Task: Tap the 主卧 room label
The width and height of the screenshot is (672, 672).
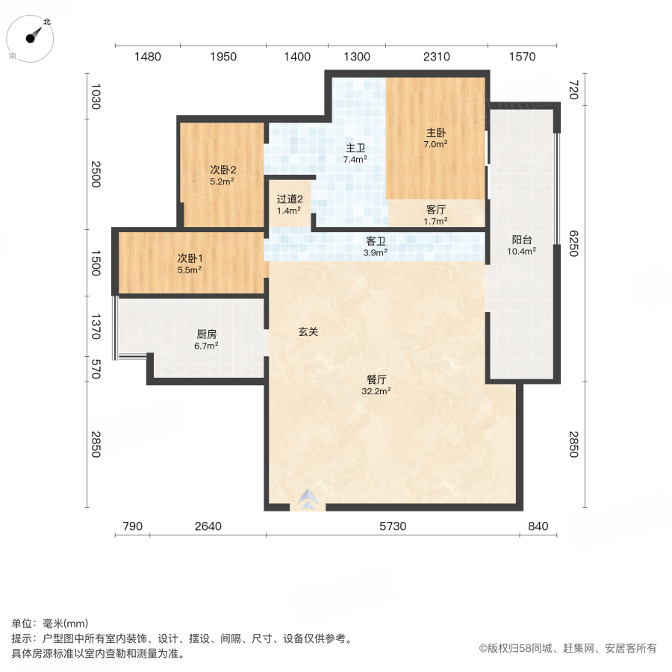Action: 436,132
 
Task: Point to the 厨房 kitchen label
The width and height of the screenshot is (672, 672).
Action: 206,335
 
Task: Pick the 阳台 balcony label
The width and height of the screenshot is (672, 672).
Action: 522,240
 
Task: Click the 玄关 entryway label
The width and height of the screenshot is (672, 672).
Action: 308,332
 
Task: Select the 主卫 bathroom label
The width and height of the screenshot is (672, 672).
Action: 355,148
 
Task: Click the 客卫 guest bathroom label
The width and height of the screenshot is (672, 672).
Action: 375,241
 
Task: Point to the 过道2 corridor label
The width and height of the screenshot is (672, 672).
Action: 289,199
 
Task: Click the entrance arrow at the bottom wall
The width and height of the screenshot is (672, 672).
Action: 308,498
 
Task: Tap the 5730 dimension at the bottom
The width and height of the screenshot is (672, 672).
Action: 392,527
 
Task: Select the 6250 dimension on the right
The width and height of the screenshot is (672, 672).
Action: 573,243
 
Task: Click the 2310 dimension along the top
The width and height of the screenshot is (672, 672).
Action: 436,57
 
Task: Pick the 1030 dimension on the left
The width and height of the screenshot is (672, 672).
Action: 95,98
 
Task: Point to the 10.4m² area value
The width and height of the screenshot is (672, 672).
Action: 522,252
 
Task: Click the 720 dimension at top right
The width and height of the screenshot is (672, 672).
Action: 573,90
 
